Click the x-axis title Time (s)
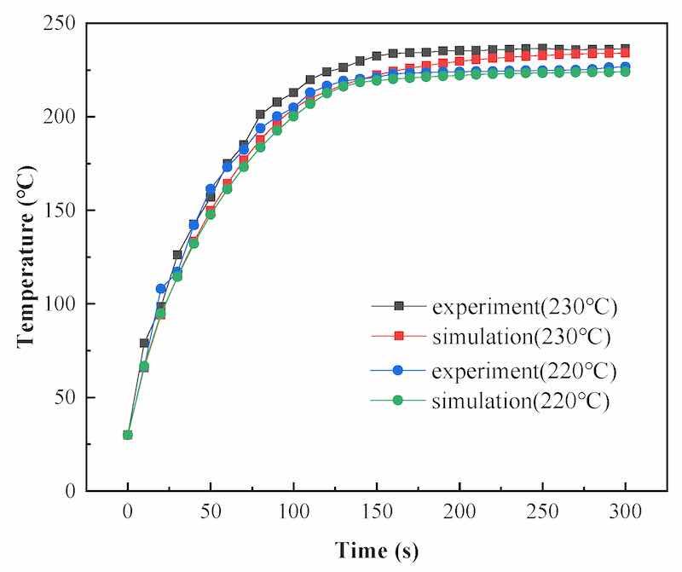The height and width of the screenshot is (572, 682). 376,550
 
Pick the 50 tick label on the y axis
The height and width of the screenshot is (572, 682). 67,398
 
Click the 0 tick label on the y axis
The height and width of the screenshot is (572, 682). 72,492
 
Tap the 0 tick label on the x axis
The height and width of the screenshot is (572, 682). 128,514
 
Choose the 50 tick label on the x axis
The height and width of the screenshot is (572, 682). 211,514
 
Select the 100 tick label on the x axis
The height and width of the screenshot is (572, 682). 293,514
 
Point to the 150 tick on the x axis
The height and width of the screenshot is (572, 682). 376,514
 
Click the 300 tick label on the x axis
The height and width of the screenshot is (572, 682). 625,514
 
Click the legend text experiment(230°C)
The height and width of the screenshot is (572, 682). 523,305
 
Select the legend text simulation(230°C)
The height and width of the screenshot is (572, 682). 522,337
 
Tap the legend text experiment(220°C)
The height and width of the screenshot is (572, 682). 523,371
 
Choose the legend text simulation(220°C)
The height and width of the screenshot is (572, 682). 522,402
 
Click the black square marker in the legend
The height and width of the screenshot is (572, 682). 397,305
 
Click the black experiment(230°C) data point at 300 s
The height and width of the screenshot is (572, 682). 625,49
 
